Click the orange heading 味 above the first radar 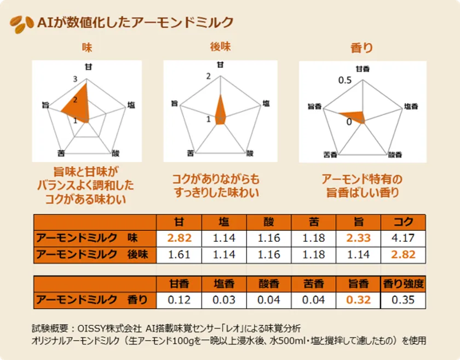(x=87, y=48)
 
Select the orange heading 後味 (x=220, y=47)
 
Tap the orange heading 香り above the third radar (x=361, y=48)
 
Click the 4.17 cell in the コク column (x=404, y=239)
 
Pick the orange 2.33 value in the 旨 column (x=359, y=239)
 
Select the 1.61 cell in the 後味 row (x=179, y=254)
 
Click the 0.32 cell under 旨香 (x=359, y=300)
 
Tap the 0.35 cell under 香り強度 (x=404, y=300)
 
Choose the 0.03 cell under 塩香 (x=224, y=300)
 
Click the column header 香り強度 (x=404, y=284)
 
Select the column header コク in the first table (x=404, y=223)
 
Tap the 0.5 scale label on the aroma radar (x=344, y=80)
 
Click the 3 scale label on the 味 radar (x=74, y=80)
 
